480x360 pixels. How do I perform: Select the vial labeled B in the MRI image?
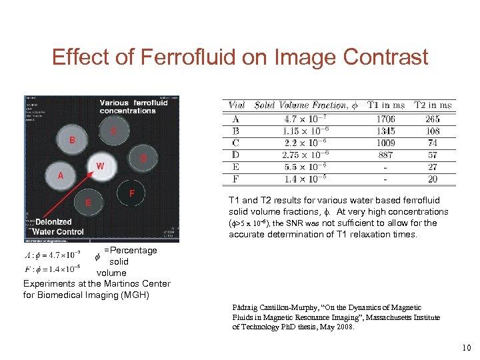point(72,140)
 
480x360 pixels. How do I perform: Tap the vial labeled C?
point(114,131)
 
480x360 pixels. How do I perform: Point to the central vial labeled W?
point(100,165)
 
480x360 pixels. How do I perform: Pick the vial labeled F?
point(132,193)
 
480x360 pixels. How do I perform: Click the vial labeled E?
point(88,202)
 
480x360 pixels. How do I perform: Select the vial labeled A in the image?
point(61,176)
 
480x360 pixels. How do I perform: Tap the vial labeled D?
point(143,159)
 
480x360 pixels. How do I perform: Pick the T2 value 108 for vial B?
point(433,131)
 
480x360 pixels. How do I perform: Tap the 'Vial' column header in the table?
point(236,105)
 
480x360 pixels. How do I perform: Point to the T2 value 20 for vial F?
point(433,179)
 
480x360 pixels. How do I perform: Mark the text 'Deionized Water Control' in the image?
point(59,227)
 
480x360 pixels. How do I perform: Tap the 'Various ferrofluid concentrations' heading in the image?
point(133,107)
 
